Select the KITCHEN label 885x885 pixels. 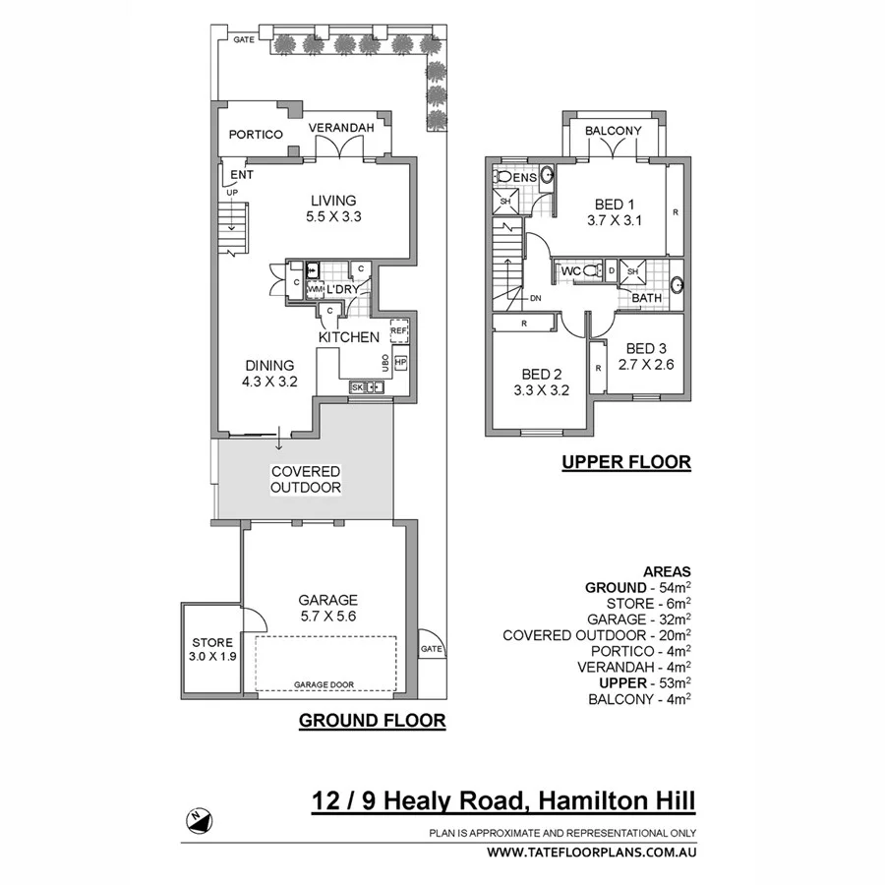click(x=348, y=337)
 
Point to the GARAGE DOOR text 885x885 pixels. click(x=324, y=684)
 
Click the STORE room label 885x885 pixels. click(x=212, y=642)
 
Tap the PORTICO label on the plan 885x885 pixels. click(x=256, y=134)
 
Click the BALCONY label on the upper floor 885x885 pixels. click(x=613, y=131)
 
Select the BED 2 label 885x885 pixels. click(x=542, y=374)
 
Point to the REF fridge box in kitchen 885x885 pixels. click(x=398, y=331)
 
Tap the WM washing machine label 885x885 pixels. click(x=314, y=290)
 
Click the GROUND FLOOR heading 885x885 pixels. click(x=372, y=721)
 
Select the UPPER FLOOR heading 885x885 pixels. click(x=626, y=461)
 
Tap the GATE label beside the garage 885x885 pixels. click(x=431, y=649)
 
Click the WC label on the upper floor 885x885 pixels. click(x=570, y=270)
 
